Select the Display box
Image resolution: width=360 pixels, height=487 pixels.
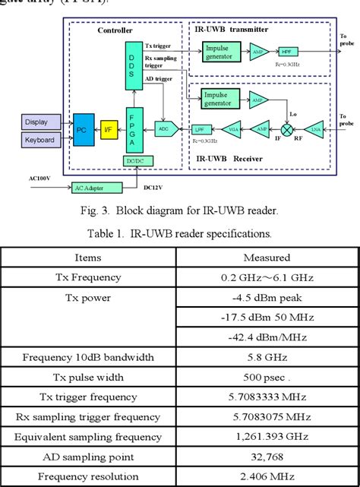tap(36, 122)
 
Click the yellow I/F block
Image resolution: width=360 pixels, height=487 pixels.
tap(109, 131)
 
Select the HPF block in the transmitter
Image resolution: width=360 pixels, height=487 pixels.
tap(287, 51)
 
